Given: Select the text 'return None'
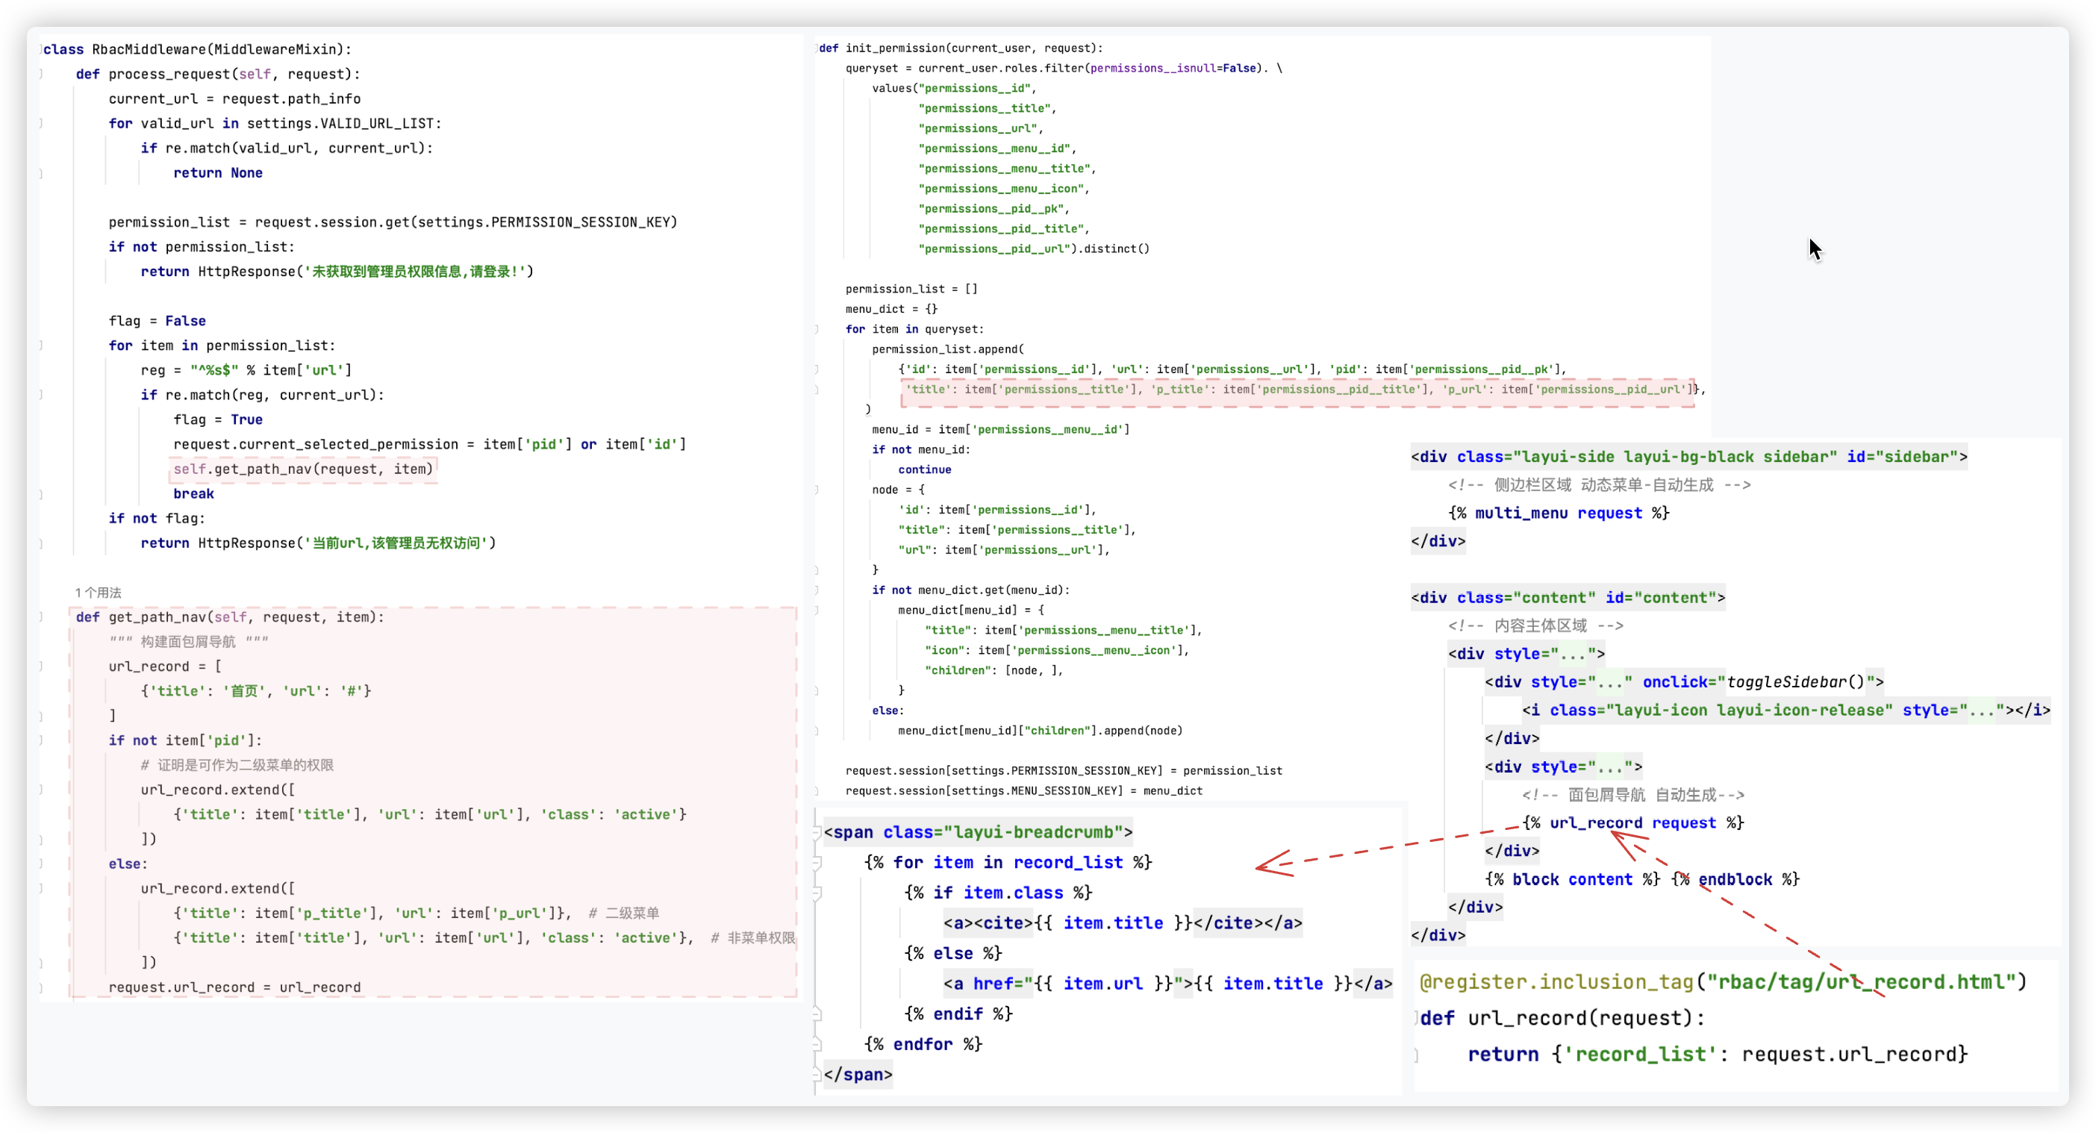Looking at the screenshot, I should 217,173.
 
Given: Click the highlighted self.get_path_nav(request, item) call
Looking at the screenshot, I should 303,469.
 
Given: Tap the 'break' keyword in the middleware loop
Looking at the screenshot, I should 193,493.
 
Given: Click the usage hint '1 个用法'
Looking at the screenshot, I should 98,593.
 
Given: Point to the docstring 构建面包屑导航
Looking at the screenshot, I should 188,642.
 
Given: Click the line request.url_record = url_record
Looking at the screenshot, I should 234,987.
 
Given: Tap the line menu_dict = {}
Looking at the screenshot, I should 891,309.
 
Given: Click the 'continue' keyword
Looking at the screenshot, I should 924,469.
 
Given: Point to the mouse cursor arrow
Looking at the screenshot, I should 1815,248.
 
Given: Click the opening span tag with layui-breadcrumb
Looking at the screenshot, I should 977,832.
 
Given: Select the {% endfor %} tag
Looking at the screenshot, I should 923,1044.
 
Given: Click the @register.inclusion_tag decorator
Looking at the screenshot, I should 1555,982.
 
